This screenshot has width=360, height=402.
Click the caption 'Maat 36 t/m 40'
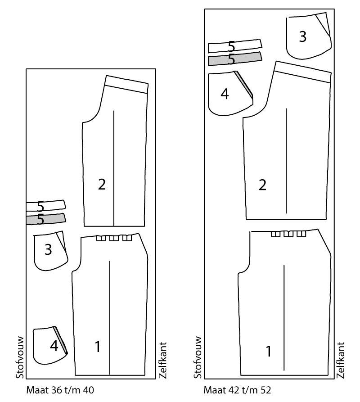(60, 390)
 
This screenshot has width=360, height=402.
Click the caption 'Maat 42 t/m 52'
(237, 390)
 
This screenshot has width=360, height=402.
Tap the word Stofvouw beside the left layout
(20, 357)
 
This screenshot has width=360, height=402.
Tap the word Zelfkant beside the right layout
(340, 360)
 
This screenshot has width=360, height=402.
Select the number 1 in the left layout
(98, 347)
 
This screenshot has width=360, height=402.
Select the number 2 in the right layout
(262, 185)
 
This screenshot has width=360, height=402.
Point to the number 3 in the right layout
(302, 36)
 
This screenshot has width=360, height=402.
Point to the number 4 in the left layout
(54, 346)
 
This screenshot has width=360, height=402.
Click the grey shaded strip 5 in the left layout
(46, 219)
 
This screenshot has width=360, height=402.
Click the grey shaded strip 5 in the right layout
(235, 59)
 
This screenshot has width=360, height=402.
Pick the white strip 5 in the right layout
(235, 46)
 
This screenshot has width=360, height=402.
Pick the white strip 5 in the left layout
(46, 206)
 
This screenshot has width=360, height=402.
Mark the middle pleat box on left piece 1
(114, 238)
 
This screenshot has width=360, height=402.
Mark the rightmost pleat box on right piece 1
(301, 234)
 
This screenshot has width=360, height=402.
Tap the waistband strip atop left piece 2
(126, 84)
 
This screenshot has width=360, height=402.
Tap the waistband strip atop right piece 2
(302, 72)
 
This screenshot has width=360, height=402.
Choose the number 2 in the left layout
(102, 185)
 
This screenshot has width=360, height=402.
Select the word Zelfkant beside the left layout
(163, 360)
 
